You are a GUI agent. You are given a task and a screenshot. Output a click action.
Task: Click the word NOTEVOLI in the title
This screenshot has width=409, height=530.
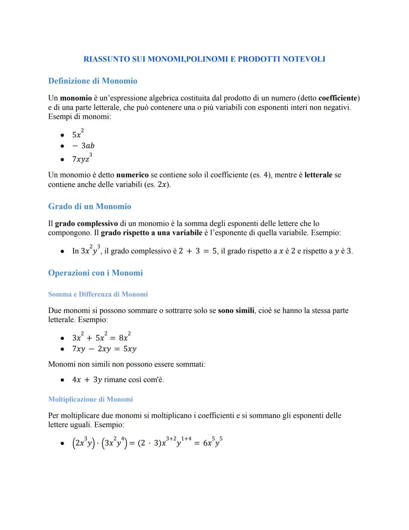click(304, 59)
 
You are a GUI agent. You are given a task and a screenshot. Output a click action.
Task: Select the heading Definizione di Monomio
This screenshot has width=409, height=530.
click(92, 81)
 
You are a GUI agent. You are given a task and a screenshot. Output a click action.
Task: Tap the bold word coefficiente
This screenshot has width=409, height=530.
click(338, 98)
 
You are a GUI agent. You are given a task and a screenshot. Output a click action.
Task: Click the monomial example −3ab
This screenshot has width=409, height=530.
click(83, 146)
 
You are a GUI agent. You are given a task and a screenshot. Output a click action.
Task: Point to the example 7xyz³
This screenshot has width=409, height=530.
click(82, 158)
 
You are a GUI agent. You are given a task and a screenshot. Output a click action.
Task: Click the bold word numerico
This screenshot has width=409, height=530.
click(132, 175)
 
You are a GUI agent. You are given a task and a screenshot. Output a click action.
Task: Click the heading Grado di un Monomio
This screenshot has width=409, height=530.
click(89, 206)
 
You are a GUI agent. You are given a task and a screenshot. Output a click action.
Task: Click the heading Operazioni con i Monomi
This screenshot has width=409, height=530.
click(95, 273)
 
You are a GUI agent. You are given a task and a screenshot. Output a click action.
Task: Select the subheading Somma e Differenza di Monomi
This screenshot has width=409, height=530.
click(98, 294)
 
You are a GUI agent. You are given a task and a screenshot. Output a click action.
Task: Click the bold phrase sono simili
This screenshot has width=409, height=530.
click(236, 310)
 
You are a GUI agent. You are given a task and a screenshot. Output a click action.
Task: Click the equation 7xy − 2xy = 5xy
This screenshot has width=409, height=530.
click(104, 349)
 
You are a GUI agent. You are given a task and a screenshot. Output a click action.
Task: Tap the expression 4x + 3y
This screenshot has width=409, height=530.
click(87, 380)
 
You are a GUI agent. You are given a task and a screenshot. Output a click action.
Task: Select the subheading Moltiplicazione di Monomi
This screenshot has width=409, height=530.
click(91, 399)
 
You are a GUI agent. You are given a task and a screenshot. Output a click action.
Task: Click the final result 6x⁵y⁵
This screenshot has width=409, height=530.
click(212, 442)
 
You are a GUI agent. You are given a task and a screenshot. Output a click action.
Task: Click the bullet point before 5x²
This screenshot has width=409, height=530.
click(62, 135)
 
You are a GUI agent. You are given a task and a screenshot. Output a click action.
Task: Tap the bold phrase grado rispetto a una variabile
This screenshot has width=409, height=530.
click(151, 233)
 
